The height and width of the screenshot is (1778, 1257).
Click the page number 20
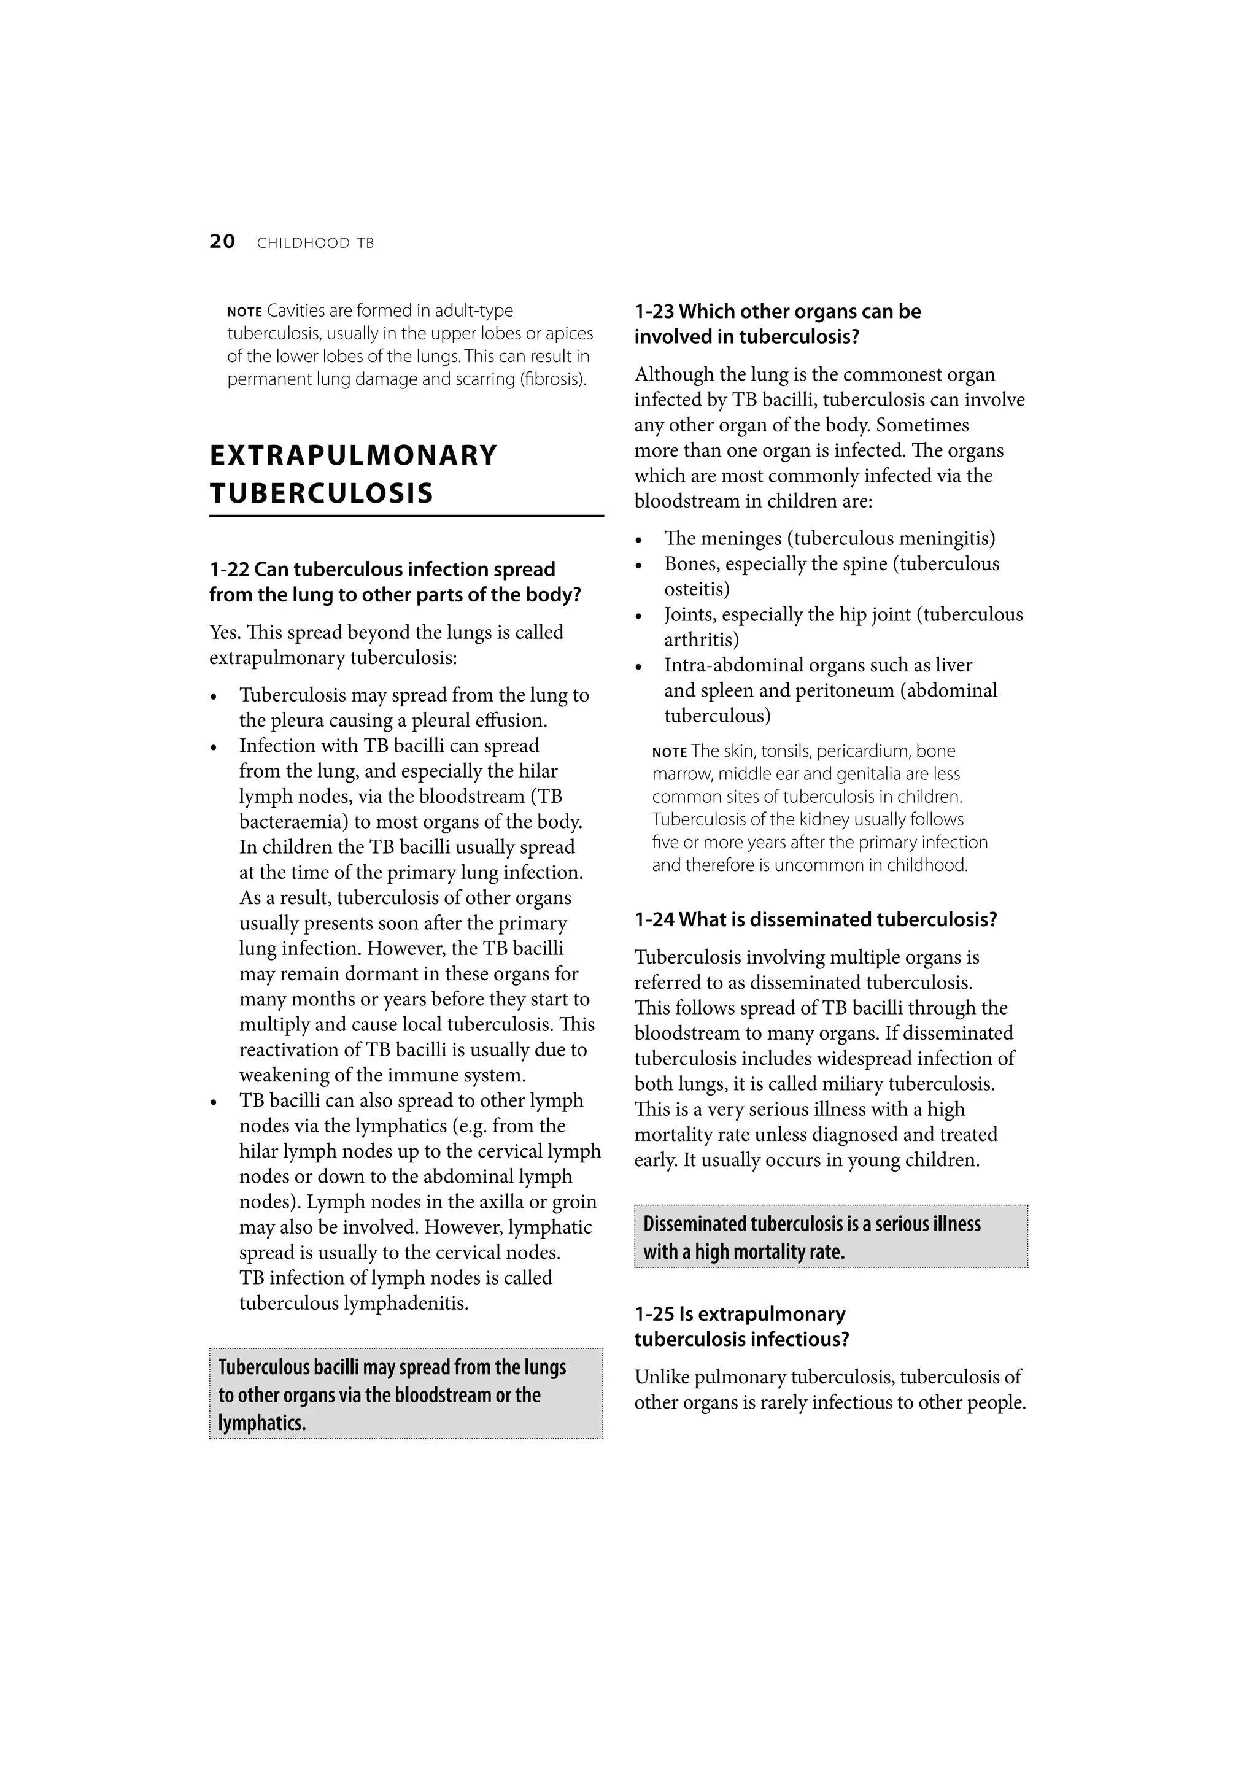click(222, 242)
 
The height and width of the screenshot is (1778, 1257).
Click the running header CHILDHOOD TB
click(315, 243)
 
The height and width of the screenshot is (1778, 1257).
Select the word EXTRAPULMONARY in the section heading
click(353, 455)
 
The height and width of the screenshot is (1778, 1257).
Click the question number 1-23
click(654, 311)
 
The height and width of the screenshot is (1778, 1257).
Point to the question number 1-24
click(654, 919)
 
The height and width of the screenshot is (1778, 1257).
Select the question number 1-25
click(654, 1314)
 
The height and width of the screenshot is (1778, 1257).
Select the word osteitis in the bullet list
click(695, 589)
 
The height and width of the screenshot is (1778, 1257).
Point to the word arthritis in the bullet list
click(700, 640)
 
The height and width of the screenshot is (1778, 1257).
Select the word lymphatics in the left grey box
click(262, 1423)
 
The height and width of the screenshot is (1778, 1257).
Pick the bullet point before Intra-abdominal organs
click(639, 667)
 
